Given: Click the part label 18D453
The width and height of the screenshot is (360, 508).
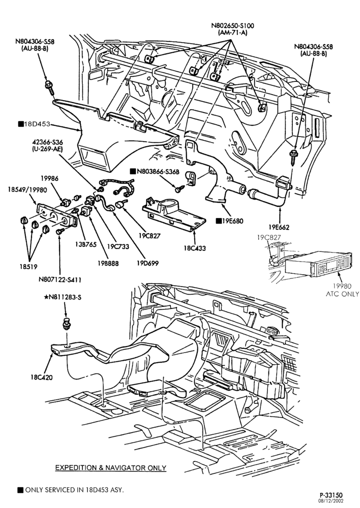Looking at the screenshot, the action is [x=37, y=124].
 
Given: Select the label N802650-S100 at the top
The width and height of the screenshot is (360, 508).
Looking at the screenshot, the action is [x=232, y=26].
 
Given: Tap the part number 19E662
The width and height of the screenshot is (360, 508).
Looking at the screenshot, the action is [x=279, y=227].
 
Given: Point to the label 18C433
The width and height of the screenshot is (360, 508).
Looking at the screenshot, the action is [x=195, y=248].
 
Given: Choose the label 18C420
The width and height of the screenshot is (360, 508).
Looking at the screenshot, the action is [x=42, y=377].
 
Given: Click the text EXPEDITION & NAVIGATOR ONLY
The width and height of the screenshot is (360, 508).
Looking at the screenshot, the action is [x=111, y=468].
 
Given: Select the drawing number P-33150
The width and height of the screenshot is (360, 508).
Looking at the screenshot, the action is [x=331, y=495].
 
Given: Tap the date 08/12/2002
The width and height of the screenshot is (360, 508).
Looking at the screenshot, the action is [x=333, y=501].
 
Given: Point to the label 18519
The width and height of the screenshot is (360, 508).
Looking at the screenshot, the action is [x=28, y=267].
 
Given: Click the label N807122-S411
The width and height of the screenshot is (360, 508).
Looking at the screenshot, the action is [x=59, y=279].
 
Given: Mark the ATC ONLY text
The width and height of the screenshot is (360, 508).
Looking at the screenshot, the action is [x=343, y=294].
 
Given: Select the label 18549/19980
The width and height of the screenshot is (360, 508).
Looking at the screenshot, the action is [x=27, y=190].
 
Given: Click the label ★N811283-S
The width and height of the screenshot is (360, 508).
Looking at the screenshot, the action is [x=63, y=297].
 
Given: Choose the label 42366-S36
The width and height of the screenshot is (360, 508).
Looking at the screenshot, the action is [x=47, y=142].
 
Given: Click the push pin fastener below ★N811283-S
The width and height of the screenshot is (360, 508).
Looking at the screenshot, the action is [x=67, y=324].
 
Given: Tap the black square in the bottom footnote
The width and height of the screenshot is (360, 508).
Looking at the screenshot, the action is [x=21, y=490].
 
